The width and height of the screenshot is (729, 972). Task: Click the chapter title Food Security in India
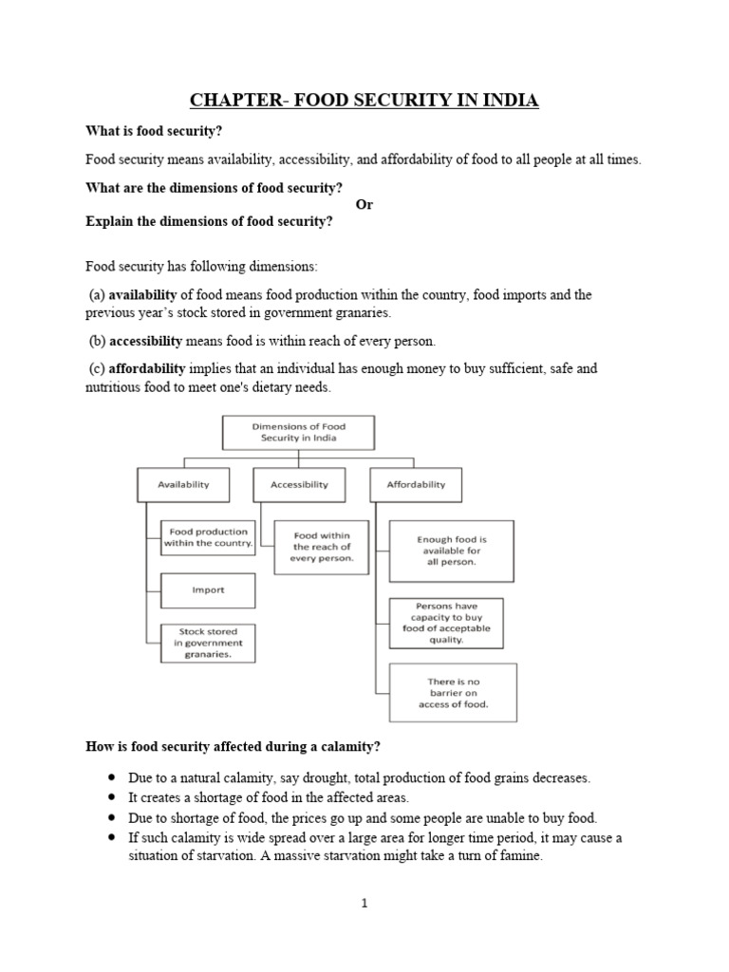(364, 100)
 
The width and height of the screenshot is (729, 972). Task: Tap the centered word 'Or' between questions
(364, 205)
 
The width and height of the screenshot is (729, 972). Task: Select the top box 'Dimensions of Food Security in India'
(299, 433)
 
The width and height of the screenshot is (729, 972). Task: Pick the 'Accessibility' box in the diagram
(299, 484)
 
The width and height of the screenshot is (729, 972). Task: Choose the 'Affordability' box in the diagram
(416, 484)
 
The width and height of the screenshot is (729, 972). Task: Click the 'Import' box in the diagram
(208, 589)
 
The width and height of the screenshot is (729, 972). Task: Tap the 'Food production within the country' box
(208, 538)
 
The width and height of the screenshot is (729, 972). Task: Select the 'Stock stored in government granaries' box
(208, 643)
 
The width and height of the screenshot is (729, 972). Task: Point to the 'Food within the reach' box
(322, 548)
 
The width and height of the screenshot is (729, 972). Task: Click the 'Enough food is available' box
(452, 551)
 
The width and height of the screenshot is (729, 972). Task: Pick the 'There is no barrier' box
(453, 693)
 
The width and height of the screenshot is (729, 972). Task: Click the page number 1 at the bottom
(364, 904)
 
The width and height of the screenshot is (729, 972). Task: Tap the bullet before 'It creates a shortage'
(113, 797)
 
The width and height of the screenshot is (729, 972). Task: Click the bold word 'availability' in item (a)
(143, 295)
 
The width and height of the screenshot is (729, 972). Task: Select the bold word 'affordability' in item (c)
(148, 368)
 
